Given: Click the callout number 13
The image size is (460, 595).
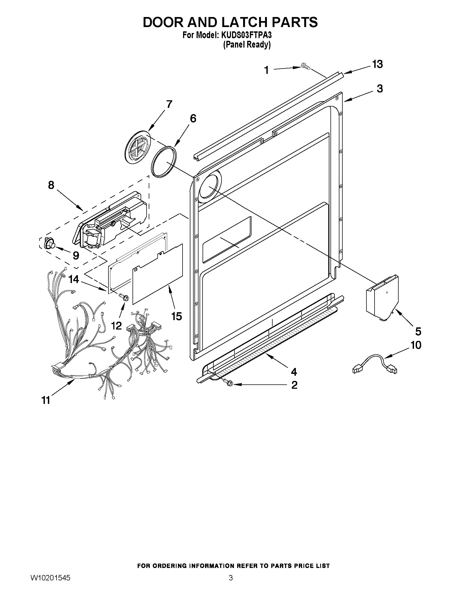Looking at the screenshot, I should point(378,65).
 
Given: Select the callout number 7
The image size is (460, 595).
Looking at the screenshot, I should point(169,104).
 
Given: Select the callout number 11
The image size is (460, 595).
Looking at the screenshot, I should point(46,400).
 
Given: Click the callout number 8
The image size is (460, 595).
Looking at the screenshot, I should point(51,185).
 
